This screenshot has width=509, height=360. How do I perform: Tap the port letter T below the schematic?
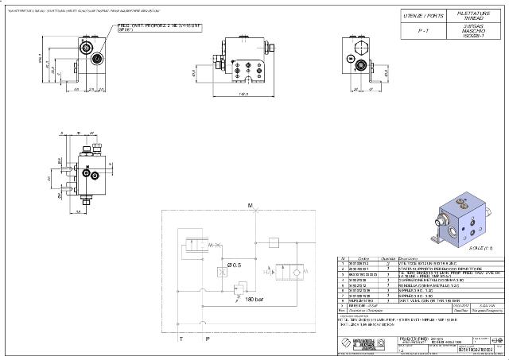pyautogui.click(x=181, y=339)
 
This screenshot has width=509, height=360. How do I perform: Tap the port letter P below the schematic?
pyautogui.click(x=208, y=339)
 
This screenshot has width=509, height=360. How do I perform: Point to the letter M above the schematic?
pyautogui.click(x=250, y=206)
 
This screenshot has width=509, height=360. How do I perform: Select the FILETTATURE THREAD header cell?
pyautogui.click(x=467, y=16)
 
